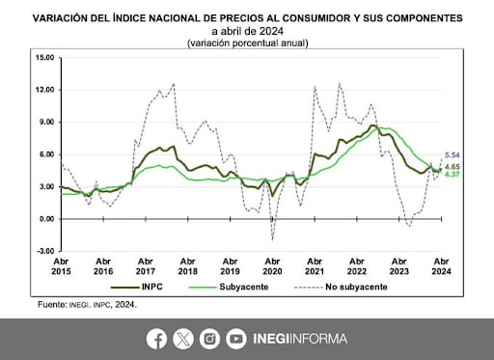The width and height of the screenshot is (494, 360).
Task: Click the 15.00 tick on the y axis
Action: (x=41, y=57)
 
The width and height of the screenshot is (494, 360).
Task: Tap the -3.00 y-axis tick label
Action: (x=41, y=250)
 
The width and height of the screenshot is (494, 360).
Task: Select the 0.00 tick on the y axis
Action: (x=43, y=218)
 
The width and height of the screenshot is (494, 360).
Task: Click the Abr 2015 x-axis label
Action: (x=60, y=266)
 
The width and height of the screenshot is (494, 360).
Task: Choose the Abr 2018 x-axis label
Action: (x=186, y=266)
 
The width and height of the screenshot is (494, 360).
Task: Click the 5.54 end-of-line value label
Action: (x=453, y=155)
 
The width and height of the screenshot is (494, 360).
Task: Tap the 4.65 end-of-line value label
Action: (x=453, y=167)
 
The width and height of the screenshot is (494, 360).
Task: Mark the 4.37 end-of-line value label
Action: (x=453, y=175)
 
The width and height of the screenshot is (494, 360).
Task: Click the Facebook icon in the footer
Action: (x=156, y=339)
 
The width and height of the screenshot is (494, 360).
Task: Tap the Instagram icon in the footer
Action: (x=209, y=339)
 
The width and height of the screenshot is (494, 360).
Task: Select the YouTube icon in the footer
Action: (x=236, y=339)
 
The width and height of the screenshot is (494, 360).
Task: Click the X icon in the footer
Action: (x=183, y=339)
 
